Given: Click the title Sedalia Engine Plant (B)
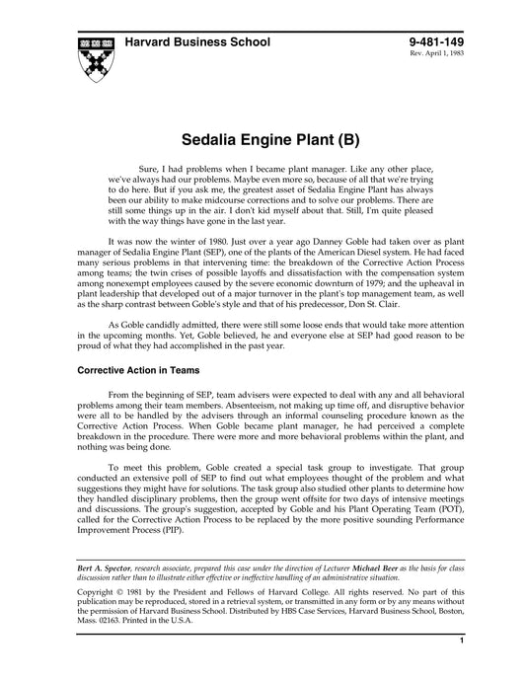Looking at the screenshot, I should click(263, 140).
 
